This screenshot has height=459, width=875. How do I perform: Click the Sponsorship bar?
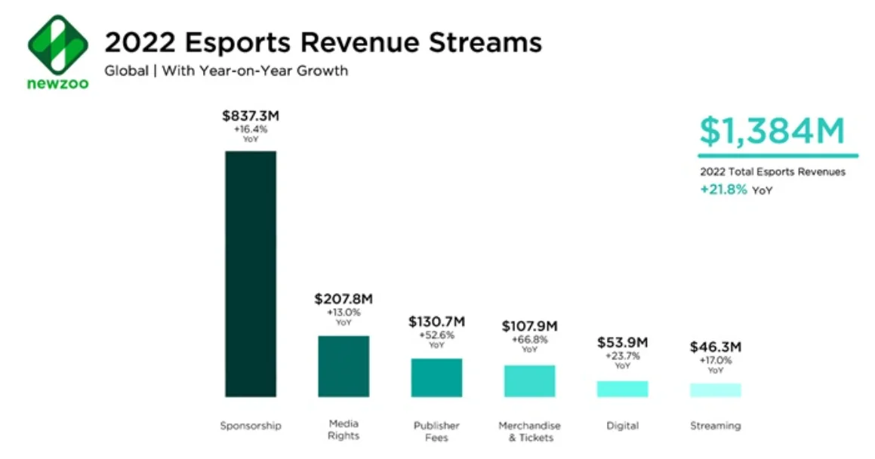click(251, 273)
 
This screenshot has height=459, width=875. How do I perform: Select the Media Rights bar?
click(344, 366)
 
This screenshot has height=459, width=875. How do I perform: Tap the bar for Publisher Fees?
click(436, 377)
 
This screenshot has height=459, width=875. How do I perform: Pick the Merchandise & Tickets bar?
click(529, 380)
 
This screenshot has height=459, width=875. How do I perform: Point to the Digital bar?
click(622, 389)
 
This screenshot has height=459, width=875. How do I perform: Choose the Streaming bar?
click(715, 390)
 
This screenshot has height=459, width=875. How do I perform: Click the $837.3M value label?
click(250, 116)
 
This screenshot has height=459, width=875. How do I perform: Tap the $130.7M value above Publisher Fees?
click(436, 322)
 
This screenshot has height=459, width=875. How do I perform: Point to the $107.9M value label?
click(529, 326)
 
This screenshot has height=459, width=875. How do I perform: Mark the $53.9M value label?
click(622, 343)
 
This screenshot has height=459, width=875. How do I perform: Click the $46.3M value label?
click(715, 347)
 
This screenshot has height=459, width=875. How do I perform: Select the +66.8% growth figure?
click(529, 340)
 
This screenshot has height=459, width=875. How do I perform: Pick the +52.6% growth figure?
click(436, 335)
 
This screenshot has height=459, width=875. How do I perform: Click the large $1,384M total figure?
click(771, 132)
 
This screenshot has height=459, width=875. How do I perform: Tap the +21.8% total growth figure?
click(723, 189)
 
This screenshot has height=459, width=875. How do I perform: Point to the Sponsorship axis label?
click(250, 426)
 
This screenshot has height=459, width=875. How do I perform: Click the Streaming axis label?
click(715, 426)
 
